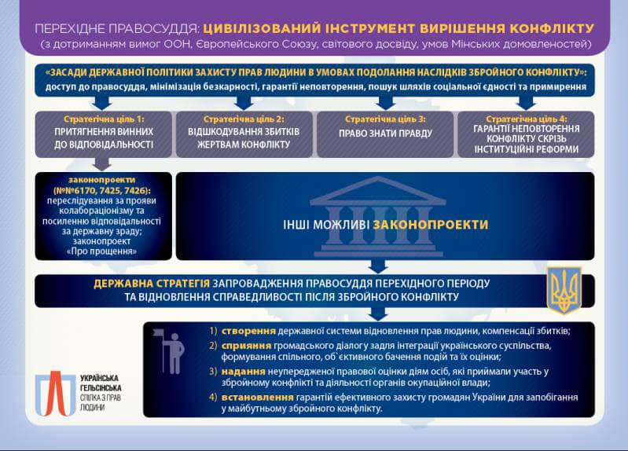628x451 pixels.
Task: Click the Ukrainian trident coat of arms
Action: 564,290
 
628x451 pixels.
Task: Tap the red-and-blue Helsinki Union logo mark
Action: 55,394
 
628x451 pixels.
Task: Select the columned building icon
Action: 378,217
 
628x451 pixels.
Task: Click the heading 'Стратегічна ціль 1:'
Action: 104,119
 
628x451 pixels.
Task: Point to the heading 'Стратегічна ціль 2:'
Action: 244,119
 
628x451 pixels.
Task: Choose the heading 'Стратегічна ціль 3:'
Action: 385,119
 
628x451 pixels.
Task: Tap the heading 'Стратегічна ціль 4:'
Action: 527,119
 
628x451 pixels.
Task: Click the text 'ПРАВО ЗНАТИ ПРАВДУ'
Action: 385,134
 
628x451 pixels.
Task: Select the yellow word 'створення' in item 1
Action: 248,332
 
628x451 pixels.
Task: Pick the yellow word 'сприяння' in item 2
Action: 246,346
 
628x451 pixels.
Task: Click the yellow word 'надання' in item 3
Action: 243,372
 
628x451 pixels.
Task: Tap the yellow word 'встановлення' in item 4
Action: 258,398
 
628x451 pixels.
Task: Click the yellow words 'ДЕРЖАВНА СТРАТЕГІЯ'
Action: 152,284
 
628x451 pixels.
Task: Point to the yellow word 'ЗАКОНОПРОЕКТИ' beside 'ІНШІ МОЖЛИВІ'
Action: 431,225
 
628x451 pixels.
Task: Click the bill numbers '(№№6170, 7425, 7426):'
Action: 102,190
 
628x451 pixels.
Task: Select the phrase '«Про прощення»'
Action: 101,251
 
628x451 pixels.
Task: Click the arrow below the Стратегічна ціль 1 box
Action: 102,163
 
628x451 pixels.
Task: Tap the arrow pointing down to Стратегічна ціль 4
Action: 526,104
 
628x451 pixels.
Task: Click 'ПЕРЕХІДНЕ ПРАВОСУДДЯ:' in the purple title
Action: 117,29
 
